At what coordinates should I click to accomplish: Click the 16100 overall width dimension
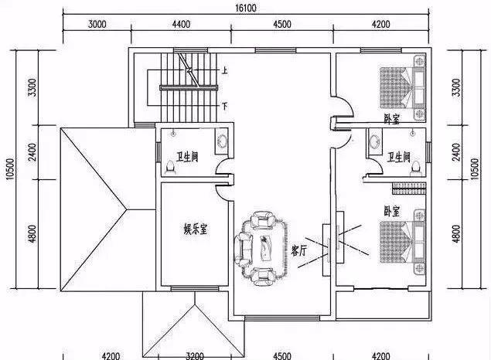(x=246, y=8)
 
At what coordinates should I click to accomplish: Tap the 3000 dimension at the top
(x=97, y=24)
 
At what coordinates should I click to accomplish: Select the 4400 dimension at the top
(x=181, y=24)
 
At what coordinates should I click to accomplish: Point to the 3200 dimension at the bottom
(x=195, y=356)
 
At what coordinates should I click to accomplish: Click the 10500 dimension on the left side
(x=10, y=169)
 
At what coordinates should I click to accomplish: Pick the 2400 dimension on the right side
(x=457, y=152)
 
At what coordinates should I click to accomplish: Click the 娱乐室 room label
(x=196, y=230)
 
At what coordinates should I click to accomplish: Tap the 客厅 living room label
(x=298, y=250)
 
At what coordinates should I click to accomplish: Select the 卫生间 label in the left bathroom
(x=187, y=157)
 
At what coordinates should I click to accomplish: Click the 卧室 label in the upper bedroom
(x=392, y=119)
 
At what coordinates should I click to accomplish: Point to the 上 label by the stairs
(x=224, y=70)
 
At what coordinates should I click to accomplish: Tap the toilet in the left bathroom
(x=170, y=166)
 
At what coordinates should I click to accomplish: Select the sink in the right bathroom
(x=374, y=141)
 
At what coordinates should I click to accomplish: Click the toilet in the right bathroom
(x=416, y=166)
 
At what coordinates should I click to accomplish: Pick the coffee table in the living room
(x=267, y=248)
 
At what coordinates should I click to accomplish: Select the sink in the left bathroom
(x=222, y=141)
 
